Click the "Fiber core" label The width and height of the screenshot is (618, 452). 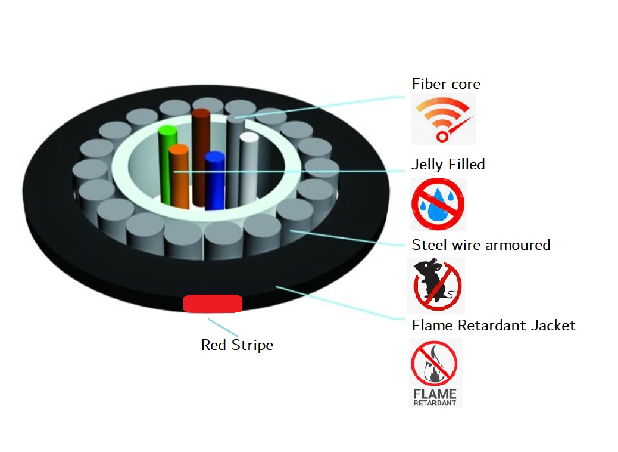(446, 84)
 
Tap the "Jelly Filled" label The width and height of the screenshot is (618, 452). (448, 165)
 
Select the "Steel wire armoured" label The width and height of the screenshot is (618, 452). (481, 244)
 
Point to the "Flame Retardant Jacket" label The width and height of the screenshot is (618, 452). (494, 326)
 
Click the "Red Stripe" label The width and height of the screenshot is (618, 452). (237, 345)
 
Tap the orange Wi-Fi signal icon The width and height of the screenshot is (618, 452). (444, 119)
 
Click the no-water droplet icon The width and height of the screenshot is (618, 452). (438, 203)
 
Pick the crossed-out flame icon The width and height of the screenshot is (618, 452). (434, 363)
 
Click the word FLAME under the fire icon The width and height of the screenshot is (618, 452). (435, 394)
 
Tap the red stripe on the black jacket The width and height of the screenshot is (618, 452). (213, 304)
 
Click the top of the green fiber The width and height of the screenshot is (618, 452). (167, 131)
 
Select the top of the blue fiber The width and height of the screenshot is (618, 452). (214, 157)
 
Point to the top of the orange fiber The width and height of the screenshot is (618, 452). (178, 150)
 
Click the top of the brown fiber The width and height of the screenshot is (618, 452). (202, 113)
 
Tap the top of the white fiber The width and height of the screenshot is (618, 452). (249, 138)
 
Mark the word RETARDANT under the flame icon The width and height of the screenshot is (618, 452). (435, 403)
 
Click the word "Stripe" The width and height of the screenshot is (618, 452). (254, 345)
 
